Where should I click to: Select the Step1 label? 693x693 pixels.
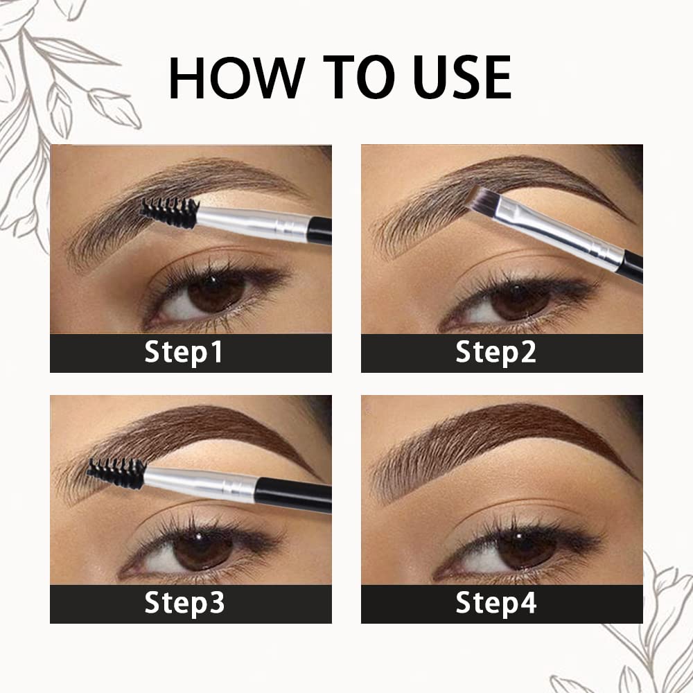[184, 353]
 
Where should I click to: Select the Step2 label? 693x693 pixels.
[496, 353]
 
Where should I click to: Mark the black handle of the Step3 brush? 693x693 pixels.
[295, 495]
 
